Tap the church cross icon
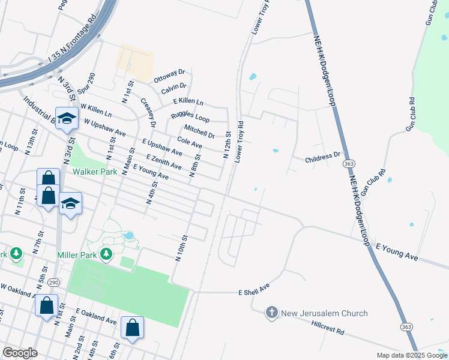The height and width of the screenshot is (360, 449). tap(271, 313)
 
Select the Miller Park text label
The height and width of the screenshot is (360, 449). tap(77, 255)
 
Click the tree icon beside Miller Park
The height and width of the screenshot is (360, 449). tap(106, 254)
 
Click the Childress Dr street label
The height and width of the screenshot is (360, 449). tap(327, 158)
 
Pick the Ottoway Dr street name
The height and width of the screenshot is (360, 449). tap(170, 76)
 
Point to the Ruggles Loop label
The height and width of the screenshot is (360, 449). tap(190, 116)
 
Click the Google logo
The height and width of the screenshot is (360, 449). tap(20, 353)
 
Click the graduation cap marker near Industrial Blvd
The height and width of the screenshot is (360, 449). tap(67, 118)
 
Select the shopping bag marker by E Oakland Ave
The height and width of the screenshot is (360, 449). tap(132, 328)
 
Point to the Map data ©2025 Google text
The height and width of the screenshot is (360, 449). tap(411, 355)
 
